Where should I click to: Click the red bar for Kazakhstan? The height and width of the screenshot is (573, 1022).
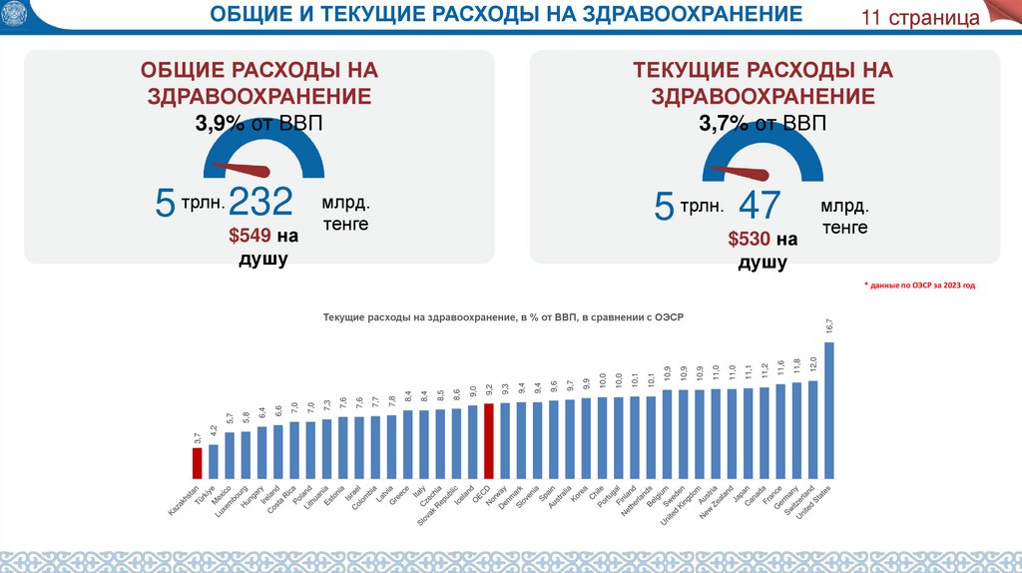pyautogui.click(x=198, y=463)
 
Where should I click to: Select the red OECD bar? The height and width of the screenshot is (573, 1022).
pyautogui.click(x=488, y=441)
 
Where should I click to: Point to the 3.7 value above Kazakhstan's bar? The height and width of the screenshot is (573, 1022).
pyautogui.click(x=198, y=435)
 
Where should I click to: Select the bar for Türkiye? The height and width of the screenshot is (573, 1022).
pyautogui.click(x=214, y=461)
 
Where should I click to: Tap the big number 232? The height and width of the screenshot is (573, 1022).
pyautogui.click(x=260, y=203)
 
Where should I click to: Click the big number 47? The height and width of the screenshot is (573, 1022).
pyautogui.click(x=759, y=205)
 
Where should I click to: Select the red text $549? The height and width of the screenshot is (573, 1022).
pyautogui.click(x=250, y=237)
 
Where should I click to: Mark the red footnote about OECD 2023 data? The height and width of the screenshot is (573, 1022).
pyautogui.click(x=919, y=285)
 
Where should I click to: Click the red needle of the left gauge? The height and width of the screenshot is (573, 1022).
pyautogui.click(x=244, y=167)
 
